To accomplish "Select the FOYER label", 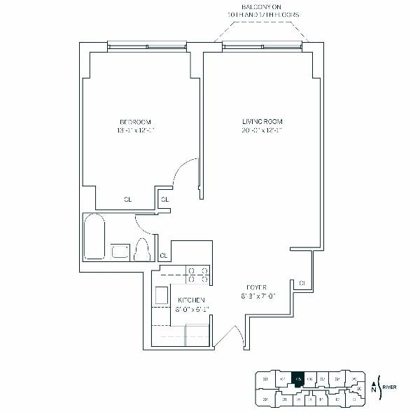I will click(x=255, y=287).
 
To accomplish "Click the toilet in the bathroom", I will click(x=142, y=249).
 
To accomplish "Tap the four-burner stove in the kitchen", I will click(x=198, y=274).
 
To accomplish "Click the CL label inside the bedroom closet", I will click(x=128, y=200).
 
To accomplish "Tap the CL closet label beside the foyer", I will click(x=302, y=282).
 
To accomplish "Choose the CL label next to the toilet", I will click(x=163, y=254).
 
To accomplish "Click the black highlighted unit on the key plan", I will click(x=297, y=378).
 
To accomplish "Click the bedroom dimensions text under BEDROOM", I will click(x=136, y=130).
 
